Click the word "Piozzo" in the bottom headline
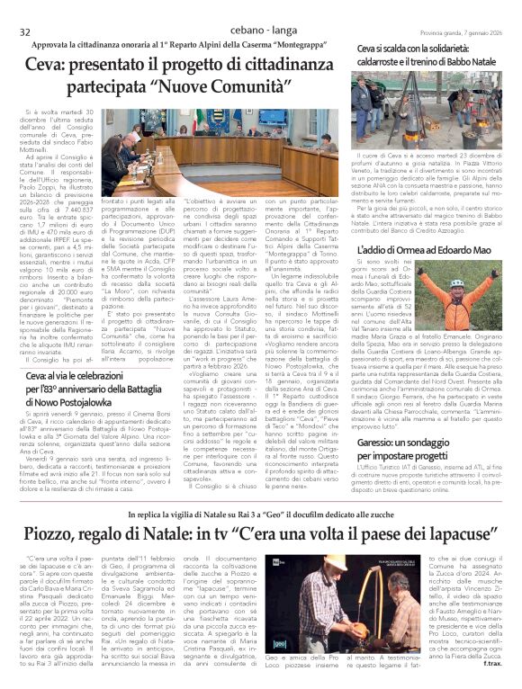(53, 534)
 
